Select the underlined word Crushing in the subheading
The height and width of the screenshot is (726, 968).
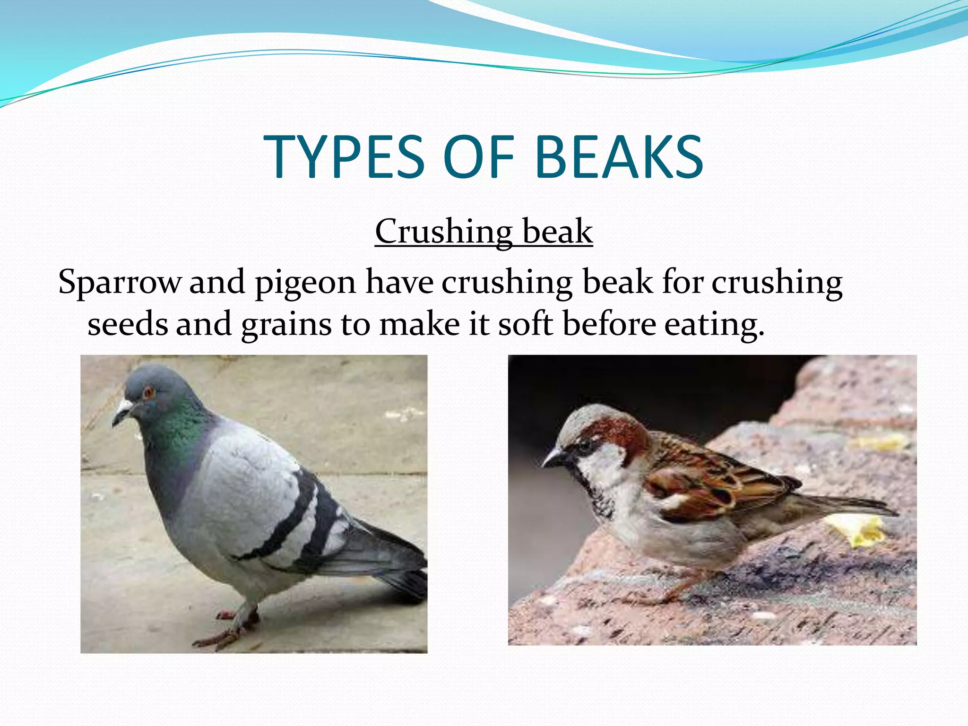pos(443,232)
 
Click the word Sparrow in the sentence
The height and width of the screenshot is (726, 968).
pos(119,282)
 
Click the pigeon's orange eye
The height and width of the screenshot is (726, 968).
pos(149,392)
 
